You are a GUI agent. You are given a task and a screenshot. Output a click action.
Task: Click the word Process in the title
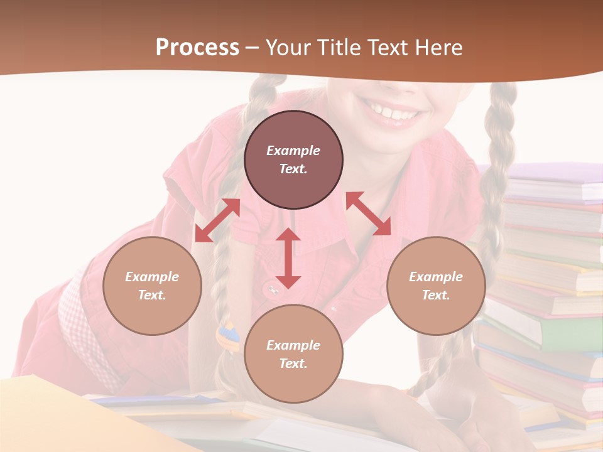click(x=197, y=48)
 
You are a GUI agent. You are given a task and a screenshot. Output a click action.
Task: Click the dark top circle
click(x=293, y=160)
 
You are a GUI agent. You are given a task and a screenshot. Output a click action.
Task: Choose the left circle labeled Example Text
click(x=152, y=286)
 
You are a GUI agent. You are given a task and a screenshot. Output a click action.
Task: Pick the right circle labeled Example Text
click(x=436, y=286)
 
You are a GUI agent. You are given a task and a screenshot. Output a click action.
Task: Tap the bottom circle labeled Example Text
click(x=293, y=354)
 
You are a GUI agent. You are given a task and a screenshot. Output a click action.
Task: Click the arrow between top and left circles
click(x=217, y=220)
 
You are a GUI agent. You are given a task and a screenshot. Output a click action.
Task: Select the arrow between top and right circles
click(x=368, y=213)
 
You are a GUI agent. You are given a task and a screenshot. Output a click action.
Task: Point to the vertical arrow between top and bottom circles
click(x=288, y=258)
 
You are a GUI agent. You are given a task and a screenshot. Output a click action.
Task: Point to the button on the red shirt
click(x=272, y=289)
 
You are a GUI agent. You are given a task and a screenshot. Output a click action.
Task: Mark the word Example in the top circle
click(x=293, y=151)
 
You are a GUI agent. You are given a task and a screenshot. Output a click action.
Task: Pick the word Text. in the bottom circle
click(x=293, y=363)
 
